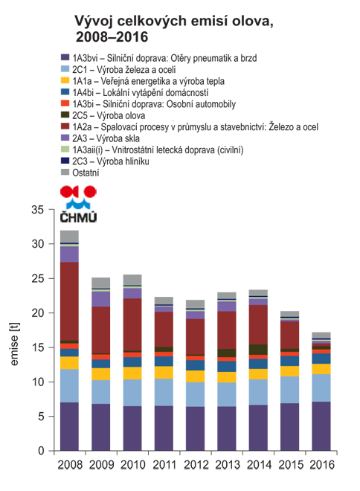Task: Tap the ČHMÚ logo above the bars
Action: [78, 204]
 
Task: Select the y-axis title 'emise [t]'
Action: [14, 344]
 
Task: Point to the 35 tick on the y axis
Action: [37, 210]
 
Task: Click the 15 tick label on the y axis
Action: [37, 347]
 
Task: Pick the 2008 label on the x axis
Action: [70, 465]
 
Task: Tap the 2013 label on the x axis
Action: [227, 465]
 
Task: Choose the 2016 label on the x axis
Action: [322, 465]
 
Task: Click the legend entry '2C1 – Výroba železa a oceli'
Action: [124, 69]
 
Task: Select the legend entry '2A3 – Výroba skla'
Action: [106, 138]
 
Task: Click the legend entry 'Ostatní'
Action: [86, 173]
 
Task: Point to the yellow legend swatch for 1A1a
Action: [65, 80]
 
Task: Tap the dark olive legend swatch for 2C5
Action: [65, 115]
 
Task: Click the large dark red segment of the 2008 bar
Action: [69, 301]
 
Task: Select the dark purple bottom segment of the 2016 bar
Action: [321, 426]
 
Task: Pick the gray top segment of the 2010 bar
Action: [132, 280]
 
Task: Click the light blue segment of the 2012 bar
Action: [196, 394]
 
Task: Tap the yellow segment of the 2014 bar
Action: [258, 374]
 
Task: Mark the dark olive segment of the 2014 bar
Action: [258, 350]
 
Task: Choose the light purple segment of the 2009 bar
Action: [101, 299]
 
